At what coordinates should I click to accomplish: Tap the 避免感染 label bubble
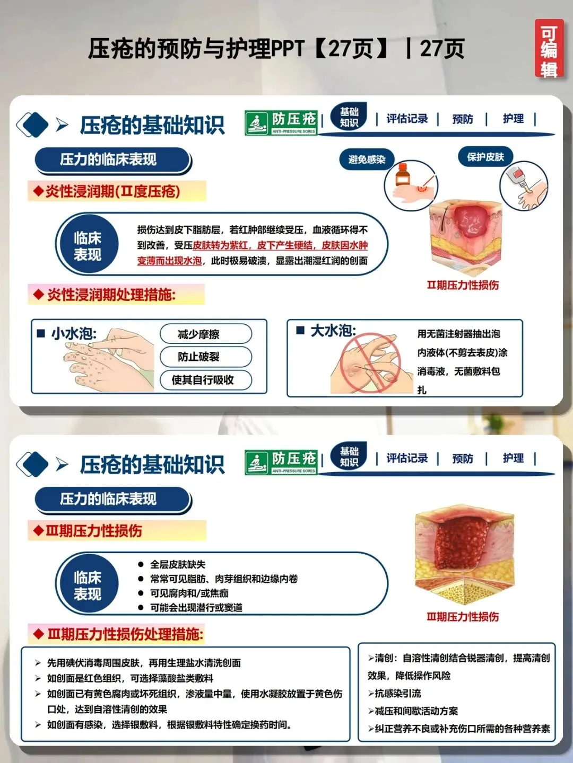(367, 159)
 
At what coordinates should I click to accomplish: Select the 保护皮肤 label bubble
(485, 157)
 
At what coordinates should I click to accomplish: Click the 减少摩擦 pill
(206, 334)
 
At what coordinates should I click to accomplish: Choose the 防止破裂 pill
(206, 357)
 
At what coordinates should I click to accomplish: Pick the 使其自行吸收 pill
(206, 380)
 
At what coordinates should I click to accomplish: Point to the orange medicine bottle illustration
(402, 175)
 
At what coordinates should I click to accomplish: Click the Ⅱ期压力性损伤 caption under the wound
(463, 285)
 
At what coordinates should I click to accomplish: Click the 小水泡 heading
(73, 334)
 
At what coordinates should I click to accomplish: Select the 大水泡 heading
(333, 331)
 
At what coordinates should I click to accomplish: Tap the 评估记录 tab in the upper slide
(407, 119)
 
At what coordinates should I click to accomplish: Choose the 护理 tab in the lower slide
(513, 458)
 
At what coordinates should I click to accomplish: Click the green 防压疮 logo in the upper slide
(281, 123)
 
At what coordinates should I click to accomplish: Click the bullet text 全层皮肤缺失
(178, 564)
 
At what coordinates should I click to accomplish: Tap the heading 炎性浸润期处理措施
(111, 295)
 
